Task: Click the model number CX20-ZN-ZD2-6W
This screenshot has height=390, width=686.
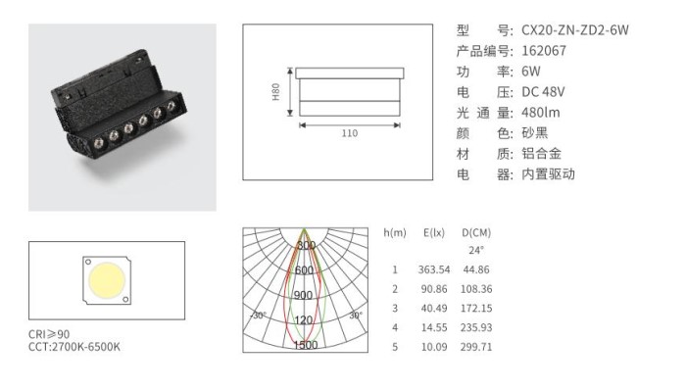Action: (x=575, y=30)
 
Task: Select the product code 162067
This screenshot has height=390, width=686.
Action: (x=544, y=51)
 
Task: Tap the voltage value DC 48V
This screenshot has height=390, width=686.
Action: (x=543, y=92)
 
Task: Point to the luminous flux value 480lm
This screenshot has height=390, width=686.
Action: (x=541, y=113)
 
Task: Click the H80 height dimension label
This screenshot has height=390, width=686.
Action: (x=275, y=92)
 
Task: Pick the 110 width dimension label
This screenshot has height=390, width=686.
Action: (x=350, y=133)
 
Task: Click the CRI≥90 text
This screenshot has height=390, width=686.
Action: (x=49, y=334)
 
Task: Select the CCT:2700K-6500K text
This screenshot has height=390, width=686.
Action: (x=74, y=347)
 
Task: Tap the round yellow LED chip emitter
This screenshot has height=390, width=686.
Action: (x=107, y=280)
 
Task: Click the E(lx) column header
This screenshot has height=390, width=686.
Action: (x=434, y=232)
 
